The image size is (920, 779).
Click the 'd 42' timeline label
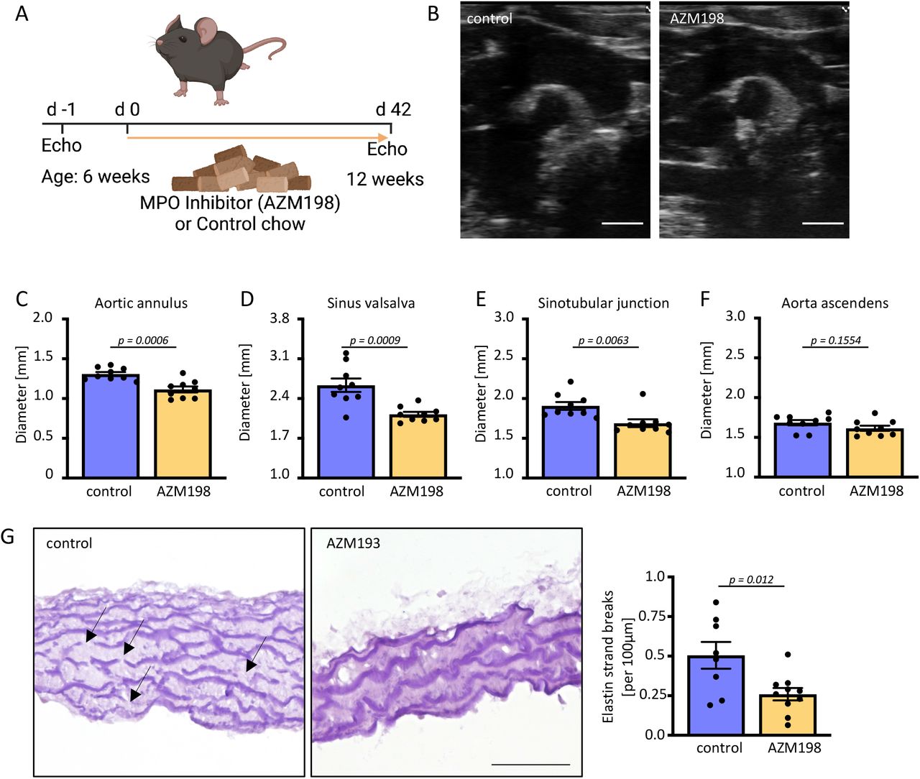click(x=393, y=110)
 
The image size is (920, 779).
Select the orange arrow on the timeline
click(x=259, y=136)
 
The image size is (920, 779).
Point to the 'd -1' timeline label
click(x=61, y=110)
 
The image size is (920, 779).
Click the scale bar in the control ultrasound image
click(x=622, y=223)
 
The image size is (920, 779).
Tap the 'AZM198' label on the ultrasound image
click(x=696, y=19)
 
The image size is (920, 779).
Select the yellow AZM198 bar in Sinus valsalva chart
click(x=418, y=446)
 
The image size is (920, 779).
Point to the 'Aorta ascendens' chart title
click(x=834, y=303)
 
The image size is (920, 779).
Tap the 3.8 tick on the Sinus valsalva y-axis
click(x=279, y=318)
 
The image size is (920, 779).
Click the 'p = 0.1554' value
click(x=835, y=340)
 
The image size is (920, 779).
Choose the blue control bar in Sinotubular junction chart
click(x=571, y=441)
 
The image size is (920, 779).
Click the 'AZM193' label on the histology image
click(x=353, y=543)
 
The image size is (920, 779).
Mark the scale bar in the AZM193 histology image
click(x=531, y=764)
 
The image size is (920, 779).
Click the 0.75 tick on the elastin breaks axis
click(x=652, y=617)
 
